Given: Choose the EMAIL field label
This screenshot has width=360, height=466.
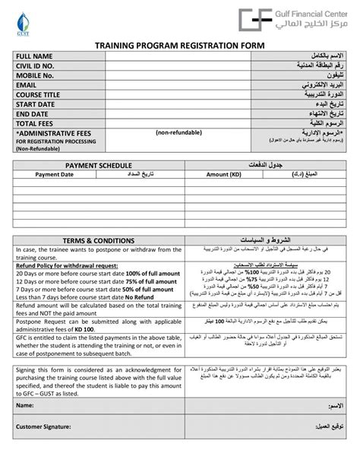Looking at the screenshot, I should [x=27, y=85].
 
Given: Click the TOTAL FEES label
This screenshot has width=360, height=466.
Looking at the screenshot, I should [x=35, y=123].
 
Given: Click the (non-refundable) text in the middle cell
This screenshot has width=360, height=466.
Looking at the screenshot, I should [x=179, y=133].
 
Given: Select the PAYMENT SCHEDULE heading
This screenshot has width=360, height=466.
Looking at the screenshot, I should [x=99, y=165].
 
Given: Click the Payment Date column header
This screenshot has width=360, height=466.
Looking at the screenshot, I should [x=55, y=174].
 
